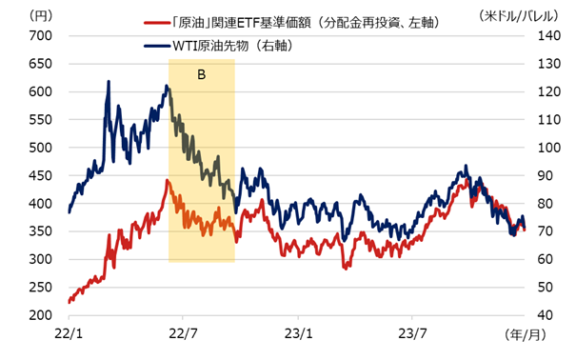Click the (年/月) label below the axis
pyautogui.click(x=526, y=336)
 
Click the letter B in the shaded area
pyautogui.click(x=202, y=73)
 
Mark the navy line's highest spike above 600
pyautogui.click(x=109, y=82)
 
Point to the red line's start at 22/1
pyautogui.click(x=70, y=302)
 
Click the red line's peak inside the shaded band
pyautogui.click(x=168, y=180)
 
